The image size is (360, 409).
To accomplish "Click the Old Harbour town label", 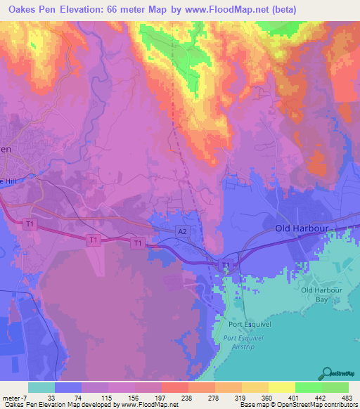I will [x=301, y=229].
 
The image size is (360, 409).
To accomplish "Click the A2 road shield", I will [x=181, y=230].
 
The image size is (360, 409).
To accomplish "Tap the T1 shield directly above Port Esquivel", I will [x=226, y=264].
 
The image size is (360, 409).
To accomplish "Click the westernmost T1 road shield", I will [x=30, y=224].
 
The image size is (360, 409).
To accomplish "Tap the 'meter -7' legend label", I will [x=15, y=396].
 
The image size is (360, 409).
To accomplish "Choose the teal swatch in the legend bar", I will [x=41, y=387].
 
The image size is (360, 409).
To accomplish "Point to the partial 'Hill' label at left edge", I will [x=7, y=181].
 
